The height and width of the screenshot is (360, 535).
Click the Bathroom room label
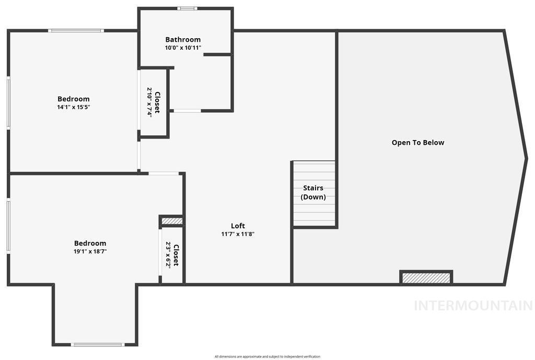[x=183, y=40]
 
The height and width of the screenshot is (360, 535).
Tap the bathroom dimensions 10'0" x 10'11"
[x=183, y=48]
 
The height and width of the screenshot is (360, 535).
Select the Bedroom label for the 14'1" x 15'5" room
[x=73, y=99]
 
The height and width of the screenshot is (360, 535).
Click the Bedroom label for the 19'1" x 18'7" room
[x=90, y=243]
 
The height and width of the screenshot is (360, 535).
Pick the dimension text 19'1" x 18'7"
[x=90, y=251]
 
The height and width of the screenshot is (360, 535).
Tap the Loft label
[x=238, y=226]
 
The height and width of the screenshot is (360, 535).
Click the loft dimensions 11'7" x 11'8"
[x=238, y=234]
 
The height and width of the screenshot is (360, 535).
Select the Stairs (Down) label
[x=313, y=192]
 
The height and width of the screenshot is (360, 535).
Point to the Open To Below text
[x=418, y=142]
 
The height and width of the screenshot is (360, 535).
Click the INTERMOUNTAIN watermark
[x=473, y=306]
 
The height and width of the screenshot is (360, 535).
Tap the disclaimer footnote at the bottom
[x=267, y=356]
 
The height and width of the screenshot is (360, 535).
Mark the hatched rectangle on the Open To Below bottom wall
[x=426, y=277]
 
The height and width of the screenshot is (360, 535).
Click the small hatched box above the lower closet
[x=171, y=221]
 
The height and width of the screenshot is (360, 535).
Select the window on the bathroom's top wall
[x=187, y=8]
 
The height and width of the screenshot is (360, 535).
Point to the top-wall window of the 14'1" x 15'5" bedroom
[x=76, y=31]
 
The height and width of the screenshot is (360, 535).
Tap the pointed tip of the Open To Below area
[x=526, y=158]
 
